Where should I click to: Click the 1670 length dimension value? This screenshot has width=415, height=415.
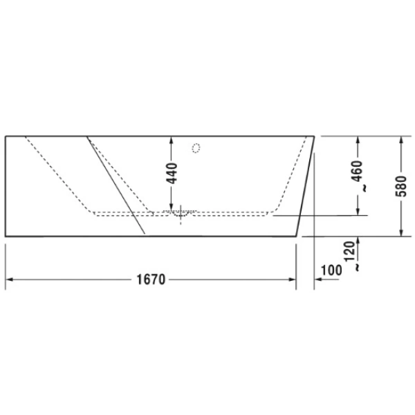tap(151, 279)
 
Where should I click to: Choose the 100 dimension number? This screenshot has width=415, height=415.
tap(332, 270)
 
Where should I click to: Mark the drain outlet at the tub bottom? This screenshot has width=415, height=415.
tap(181, 214)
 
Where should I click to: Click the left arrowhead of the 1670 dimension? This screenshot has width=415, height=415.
tap(10, 279)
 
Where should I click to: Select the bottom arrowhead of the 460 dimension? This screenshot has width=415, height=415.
tap(358, 211)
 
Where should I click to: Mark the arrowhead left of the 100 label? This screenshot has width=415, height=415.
tap(319, 279)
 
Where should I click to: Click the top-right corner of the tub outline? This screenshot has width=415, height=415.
tap(315, 136)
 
